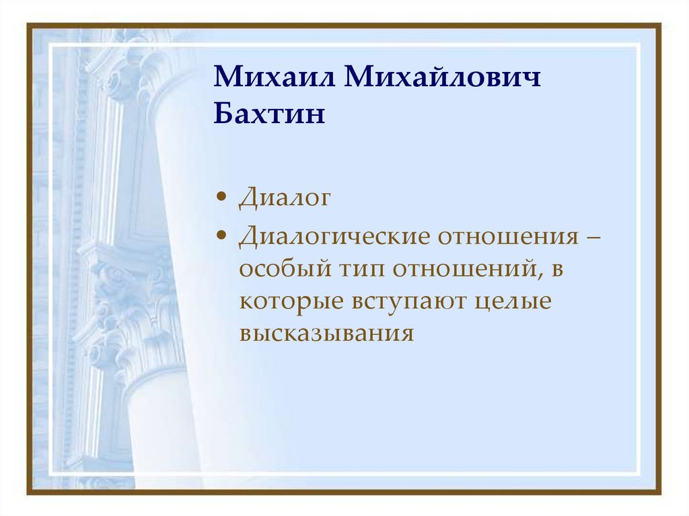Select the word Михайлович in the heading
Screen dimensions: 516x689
tap(444, 79)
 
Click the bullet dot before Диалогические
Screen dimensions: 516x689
tap(221, 237)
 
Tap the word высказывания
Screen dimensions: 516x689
tap(326, 332)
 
